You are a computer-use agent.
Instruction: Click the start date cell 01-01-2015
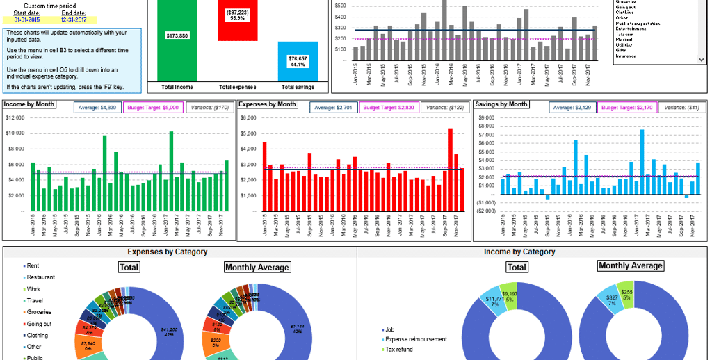tap(27, 20)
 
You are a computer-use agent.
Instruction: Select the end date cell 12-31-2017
tap(74, 20)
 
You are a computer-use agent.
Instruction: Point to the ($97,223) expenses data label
tap(237, 15)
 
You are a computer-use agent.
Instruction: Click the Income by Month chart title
tap(29, 104)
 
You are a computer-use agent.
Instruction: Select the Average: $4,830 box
tap(99, 108)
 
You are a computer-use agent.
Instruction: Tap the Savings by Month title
tap(500, 104)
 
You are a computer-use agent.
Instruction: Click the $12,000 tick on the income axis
tap(15, 117)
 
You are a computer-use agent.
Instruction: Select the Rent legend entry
tap(33, 266)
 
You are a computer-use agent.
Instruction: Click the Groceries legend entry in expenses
tap(39, 312)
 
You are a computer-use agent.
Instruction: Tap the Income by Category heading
tap(519, 252)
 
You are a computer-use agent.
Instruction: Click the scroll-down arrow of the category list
tap(702, 60)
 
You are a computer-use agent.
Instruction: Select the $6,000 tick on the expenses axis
tap(249, 117)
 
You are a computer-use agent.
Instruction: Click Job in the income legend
tap(390, 329)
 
